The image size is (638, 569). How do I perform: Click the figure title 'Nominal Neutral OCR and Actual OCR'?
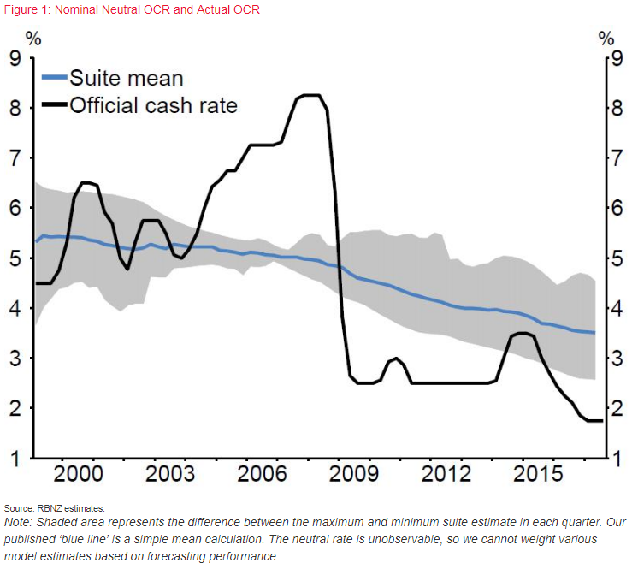point(159,10)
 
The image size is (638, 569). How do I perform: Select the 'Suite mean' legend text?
point(126,79)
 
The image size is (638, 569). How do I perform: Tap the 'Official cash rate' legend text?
point(153,106)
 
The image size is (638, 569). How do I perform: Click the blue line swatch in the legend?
point(55,79)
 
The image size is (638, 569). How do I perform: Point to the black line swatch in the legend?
point(55,106)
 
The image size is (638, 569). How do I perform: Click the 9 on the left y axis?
point(15,59)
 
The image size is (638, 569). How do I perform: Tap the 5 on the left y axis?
point(15,258)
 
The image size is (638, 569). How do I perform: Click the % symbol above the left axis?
point(32,39)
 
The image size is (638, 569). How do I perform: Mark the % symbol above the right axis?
point(606,39)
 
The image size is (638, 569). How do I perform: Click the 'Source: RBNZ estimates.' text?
point(54,508)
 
